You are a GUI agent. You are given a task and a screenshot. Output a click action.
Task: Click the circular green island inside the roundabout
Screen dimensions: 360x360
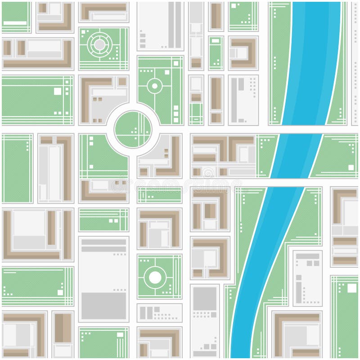133,129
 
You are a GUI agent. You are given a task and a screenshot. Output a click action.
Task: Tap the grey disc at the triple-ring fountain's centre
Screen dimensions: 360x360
99,44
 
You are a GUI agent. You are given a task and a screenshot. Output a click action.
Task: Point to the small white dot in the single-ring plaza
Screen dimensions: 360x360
155,85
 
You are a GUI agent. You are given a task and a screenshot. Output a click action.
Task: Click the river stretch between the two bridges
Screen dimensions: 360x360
296,156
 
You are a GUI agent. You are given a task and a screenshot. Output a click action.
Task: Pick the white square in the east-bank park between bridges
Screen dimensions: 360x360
351,167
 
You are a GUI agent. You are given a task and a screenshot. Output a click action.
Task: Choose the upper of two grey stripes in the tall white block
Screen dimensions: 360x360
103,242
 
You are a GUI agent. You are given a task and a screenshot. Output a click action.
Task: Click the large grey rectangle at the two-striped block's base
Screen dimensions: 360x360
103,306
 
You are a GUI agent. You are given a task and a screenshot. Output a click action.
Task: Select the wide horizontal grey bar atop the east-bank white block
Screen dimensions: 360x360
307,256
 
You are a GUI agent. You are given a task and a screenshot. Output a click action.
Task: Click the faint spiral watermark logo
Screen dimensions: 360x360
208,173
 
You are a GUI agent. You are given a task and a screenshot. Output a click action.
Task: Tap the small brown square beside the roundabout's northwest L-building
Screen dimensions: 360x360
122,82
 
